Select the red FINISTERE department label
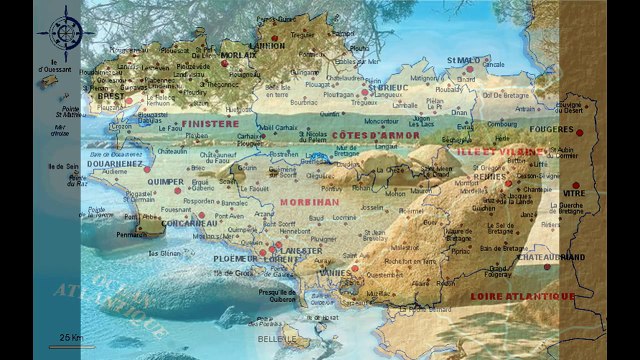coord(211,124)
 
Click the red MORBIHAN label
coord(306,202)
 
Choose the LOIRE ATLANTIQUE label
coord(523,296)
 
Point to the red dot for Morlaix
coord(225,64)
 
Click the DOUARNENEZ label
coord(116,162)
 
